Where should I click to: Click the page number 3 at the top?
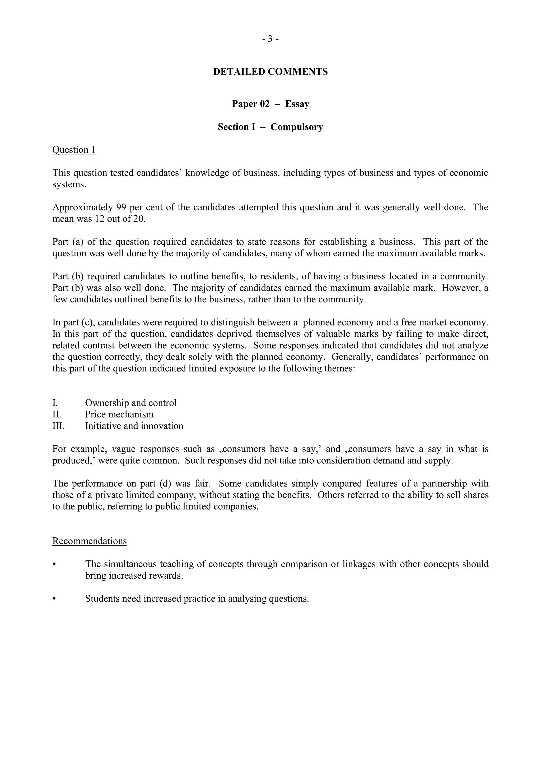coord(270,39)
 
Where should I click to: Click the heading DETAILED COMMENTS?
coord(270,72)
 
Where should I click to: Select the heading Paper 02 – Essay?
coord(270,104)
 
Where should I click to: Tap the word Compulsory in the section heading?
coord(297,127)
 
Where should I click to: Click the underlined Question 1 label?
coord(74,150)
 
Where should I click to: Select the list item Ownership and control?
coord(131,403)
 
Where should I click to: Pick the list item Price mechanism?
coord(119,414)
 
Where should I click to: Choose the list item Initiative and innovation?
coord(134,426)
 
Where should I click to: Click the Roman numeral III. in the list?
coord(58,426)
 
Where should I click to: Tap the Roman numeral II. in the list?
coord(57,414)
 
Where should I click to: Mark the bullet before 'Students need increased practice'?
coord(54,599)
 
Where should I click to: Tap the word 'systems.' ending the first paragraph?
coord(69,184)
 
